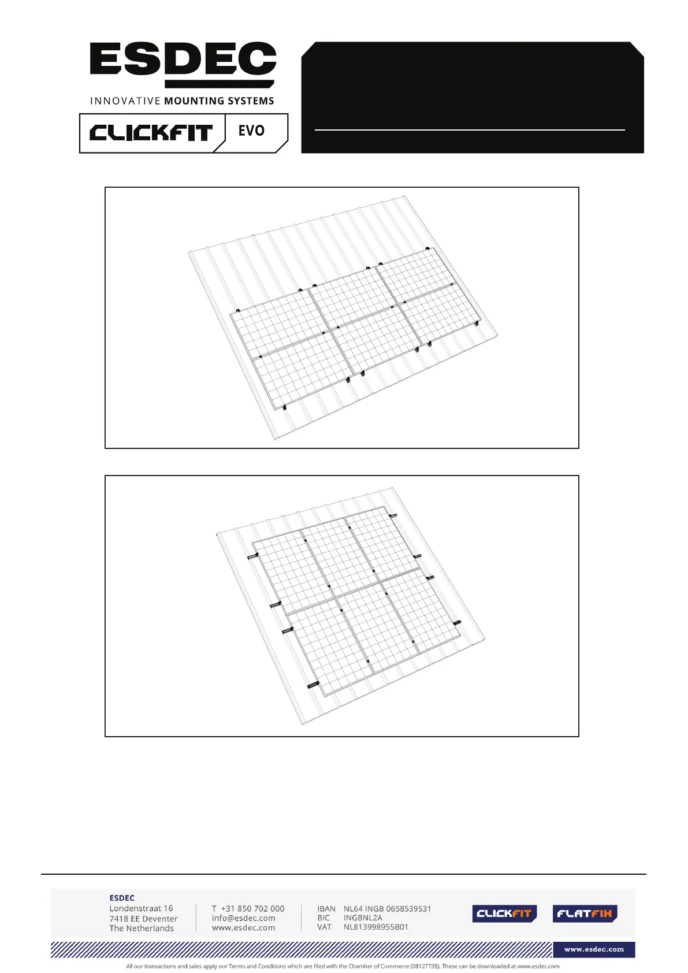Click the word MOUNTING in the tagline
point(194,101)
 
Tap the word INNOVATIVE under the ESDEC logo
point(125,101)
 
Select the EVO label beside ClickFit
point(251,131)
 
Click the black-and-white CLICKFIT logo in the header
point(151,133)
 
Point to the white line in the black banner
point(470,130)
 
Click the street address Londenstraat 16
point(141,908)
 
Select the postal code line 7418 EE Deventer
point(143,918)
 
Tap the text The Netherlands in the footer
point(142,929)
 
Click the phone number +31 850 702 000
point(252,908)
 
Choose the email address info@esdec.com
point(243,918)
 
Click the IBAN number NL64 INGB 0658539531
point(388,908)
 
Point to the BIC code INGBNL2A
point(363,918)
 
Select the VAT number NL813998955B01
point(375,927)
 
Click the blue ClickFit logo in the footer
point(504,913)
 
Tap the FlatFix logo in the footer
point(585,913)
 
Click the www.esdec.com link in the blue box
point(594,949)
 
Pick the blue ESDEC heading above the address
point(122,898)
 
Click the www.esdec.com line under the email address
point(243,928)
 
